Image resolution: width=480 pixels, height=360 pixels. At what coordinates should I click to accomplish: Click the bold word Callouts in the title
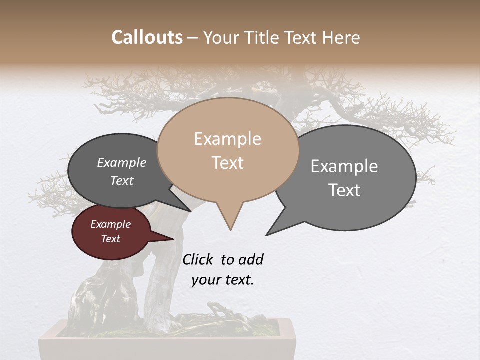147,37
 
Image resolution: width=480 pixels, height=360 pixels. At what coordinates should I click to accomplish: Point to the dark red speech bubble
110,232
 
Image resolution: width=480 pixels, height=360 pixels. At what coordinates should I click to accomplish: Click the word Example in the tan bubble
228,139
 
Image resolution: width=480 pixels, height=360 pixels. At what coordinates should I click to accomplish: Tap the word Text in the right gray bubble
344,190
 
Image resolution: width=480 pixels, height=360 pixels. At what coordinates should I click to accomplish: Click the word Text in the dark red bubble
111,239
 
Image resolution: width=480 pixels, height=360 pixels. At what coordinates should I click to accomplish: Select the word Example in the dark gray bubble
122,162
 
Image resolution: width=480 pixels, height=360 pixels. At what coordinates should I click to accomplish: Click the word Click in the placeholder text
197,259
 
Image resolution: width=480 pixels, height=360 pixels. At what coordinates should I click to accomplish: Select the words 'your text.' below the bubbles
223,280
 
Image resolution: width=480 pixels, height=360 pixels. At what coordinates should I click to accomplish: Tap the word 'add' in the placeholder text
250,259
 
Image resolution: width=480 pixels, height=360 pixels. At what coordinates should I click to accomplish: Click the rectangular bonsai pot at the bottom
168,345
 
